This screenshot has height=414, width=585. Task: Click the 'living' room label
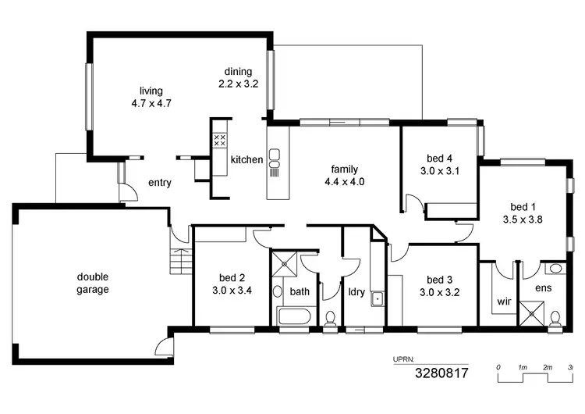pyautogui.click(x=151, y=91)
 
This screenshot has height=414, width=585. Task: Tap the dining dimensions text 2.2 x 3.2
pyautogui.click(x=238, y=81)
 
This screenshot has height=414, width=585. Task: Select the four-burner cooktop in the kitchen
pyautogui.click(x=220, y=140)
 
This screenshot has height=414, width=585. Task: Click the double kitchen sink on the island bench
pyautogui.click(x=274, y=159)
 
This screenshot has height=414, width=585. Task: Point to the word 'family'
pyautogui.click(x=345, y=169)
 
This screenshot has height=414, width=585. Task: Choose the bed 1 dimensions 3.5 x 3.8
pyautogui.click(x=523, y=219)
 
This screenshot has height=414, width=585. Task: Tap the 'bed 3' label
pyautogui.click(x=440, y=280)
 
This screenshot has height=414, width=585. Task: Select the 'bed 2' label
pyautogui.click(x=232, y=277)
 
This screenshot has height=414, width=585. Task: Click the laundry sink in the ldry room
pyautogui.click(x=377, y=298)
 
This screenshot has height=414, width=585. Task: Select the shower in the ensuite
pyautogui.click(x=534, y=315)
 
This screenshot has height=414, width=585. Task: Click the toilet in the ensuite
pyautogui.click(x=555, y=318)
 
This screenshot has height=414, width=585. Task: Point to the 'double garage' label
pyautogui.click(x=93, y=283)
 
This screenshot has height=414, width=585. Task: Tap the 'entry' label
pyautogui.click(x=160, y=183)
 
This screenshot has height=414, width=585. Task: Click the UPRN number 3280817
pyautogui.click(x=441, y=373)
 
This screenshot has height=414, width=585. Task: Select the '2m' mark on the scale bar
pyautogui.click(x=548, y=366)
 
